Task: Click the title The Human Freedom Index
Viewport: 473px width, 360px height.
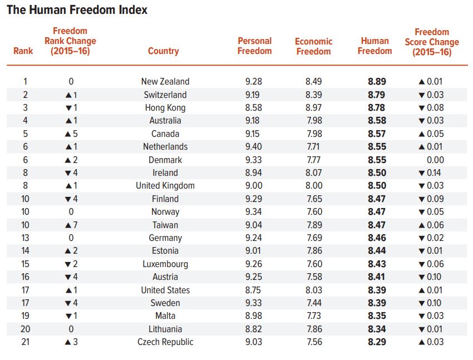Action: [x=77, y=11]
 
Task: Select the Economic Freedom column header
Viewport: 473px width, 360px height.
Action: [x=313, y=46]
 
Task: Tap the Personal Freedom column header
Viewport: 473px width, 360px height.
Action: [x=254, y=46]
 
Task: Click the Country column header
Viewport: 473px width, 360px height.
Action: [x=163, y=51]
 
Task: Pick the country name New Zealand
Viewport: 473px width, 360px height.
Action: [x=165, y=81]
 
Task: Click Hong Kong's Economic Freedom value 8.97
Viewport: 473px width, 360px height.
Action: [x=313, y=107]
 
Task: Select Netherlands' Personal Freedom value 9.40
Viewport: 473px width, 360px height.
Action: [x=253, y=146]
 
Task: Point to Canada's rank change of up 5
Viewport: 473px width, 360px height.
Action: [x=71, y=134]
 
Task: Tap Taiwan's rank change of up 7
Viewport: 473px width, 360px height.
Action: [x=71, y=225]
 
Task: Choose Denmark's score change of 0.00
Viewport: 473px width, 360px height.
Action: [x=433, y=160]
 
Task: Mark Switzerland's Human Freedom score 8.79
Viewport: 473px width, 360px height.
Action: [x=377, y=95]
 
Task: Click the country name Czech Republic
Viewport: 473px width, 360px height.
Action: [x=165, y=342]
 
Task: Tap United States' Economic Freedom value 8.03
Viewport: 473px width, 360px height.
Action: [x=313, y=290]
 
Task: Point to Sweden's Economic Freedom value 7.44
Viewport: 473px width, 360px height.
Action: [x=313, y=303]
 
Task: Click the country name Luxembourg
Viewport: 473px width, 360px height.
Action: [x=165, y=264]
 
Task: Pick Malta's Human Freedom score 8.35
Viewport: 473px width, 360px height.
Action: [x=377, y=316]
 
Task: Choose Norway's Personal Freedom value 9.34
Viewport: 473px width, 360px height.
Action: [x=253, y=212]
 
